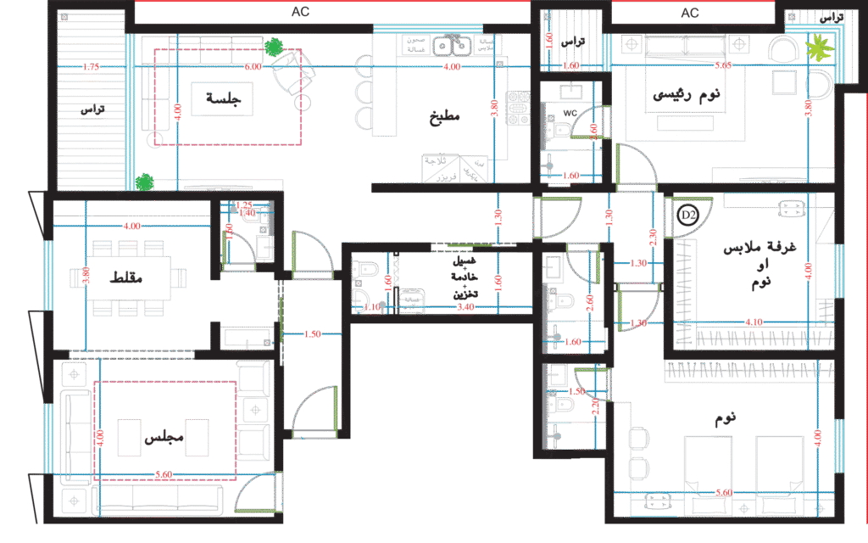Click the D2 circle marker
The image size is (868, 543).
[x=687, y=216]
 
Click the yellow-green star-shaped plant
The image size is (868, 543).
[x=819, y=48]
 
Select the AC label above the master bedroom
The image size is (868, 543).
[x=690, y=13]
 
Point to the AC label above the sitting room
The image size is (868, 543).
[x=301, y=12]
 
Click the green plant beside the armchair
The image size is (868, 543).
[x=272, y=48]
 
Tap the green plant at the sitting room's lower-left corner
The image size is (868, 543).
[x=145, y=181]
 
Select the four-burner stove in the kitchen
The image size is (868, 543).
[x=517, y=108]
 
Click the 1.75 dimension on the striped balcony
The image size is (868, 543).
[x=92, y=67]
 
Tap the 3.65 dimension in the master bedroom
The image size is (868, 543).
[x=723, y=66]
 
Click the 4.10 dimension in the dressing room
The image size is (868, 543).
[x=753, y=322]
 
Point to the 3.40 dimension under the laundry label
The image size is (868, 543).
[x=465, y=307]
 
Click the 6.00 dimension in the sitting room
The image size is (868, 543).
[x=252, y=66]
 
